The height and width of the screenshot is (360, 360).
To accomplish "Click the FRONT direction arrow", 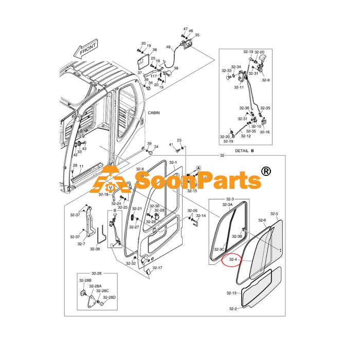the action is point(85,49).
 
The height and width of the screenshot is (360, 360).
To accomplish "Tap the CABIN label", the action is point(154,113).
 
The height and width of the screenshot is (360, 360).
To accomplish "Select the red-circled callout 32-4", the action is point(233,259).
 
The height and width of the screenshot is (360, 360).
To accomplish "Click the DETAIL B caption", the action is point(244,151).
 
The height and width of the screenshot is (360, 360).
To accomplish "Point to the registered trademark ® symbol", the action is point(266,171).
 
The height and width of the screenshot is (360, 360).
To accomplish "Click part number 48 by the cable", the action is point(168,47).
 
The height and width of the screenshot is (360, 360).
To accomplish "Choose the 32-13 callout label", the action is point(231,293).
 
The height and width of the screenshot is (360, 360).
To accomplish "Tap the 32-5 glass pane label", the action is point(274,214).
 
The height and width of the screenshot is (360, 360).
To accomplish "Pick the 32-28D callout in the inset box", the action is point(109,297).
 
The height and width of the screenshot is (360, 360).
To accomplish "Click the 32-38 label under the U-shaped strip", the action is point(95,249).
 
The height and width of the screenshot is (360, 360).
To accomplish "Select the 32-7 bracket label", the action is point(81,244).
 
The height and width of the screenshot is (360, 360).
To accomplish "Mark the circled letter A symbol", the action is point(199,168).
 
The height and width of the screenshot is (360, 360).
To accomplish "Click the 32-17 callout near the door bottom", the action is point(157,268).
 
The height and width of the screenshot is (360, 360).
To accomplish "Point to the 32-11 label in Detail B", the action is point(239,87).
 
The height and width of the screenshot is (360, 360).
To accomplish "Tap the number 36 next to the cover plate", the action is point(154,49).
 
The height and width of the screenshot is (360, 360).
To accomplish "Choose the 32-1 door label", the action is point(173,163).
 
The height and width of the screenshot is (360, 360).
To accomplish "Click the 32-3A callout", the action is point(227,204).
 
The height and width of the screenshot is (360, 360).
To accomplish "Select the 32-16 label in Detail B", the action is point(265,132).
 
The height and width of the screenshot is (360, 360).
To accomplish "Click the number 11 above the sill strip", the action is point(81,166).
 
